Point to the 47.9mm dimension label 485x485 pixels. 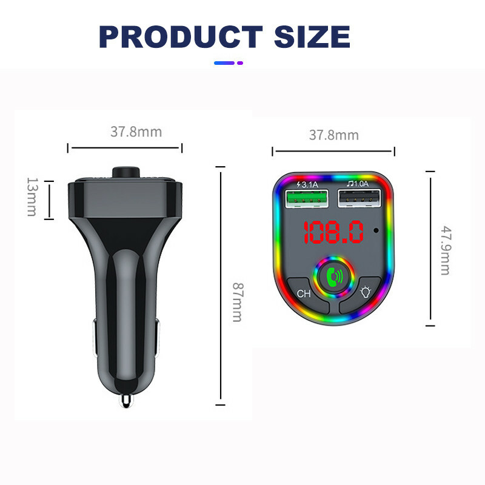click(x=446, y=250)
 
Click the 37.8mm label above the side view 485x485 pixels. click(x=136, y=132)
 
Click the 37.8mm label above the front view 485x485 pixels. click(x=333, y=135)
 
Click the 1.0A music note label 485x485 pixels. click(x=357, y=183)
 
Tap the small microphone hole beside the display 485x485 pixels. click(x=377, y=230)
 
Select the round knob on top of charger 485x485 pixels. click(x=125, y=172)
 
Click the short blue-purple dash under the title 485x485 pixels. click(x=229, y=62)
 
